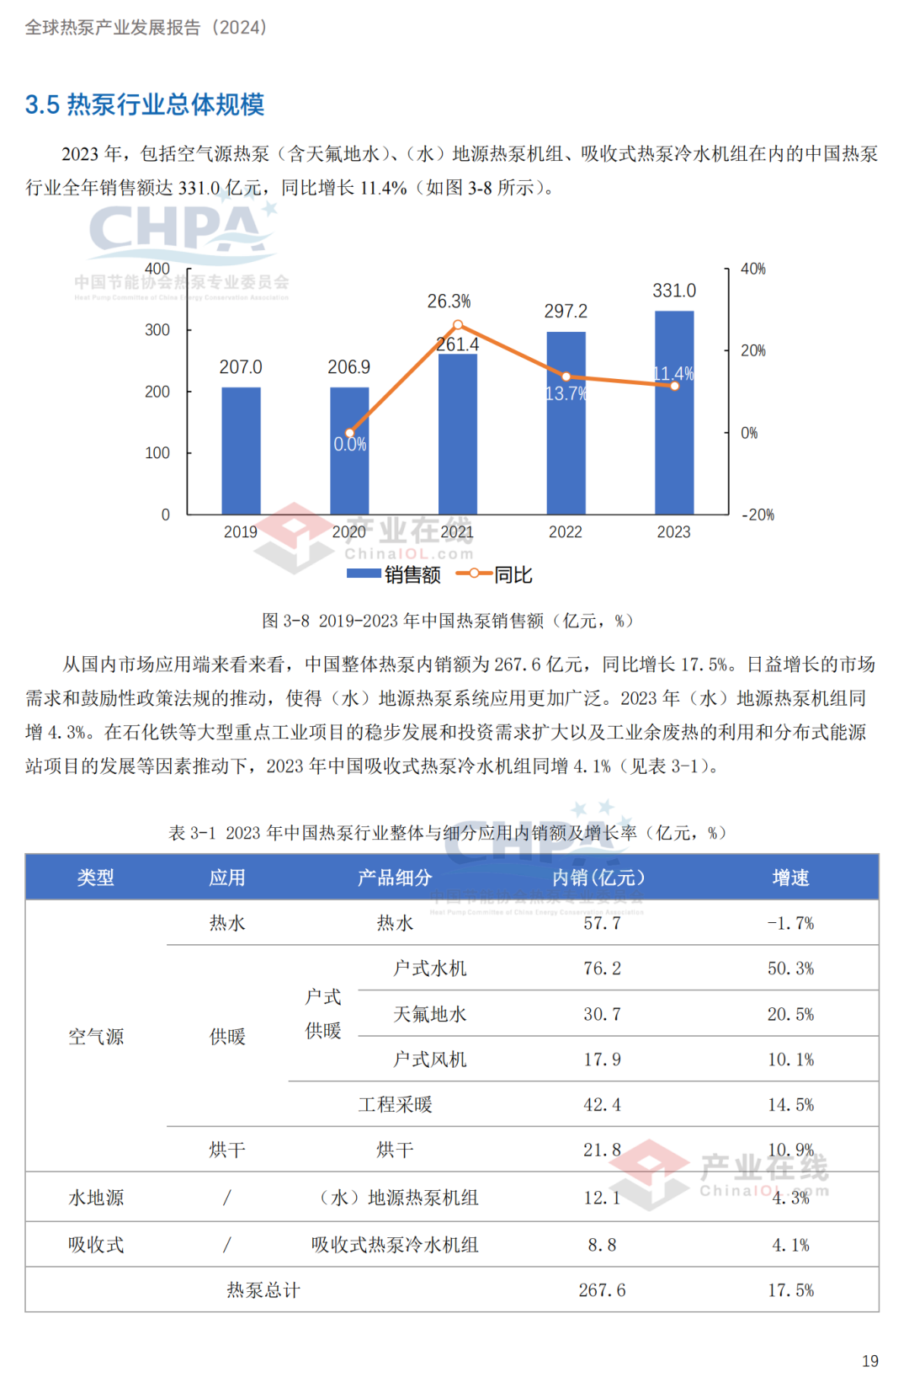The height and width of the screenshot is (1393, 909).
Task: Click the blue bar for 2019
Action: [241, 451]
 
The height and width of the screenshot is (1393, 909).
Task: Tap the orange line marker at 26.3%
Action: [458, 325]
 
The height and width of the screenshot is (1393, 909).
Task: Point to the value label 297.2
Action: [566, 312]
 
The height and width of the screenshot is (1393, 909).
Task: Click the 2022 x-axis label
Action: [566, 532]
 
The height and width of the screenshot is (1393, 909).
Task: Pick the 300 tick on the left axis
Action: [157, 330]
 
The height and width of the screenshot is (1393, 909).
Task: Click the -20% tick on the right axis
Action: [757, 515]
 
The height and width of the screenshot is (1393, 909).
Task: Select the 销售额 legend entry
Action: [394, 574]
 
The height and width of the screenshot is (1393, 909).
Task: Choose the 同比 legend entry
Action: [495, 574]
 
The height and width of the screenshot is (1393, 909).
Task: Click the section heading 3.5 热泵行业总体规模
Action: [145, 104]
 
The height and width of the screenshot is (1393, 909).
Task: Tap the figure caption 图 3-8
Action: [447, 621]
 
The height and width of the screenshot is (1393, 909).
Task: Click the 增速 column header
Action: [790, 878]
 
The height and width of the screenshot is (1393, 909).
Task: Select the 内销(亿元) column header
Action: [598, 878]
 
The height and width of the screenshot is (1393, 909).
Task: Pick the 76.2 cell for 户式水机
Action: [602, 969]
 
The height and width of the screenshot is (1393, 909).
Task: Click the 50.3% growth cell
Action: [790, 969]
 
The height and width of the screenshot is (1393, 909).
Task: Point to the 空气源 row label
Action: [96, 1037]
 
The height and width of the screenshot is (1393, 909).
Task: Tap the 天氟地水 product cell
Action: [429, 1014]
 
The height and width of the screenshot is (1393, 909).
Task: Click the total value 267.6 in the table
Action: [602, 1290]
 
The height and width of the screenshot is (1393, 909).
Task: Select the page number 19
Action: [870, 1361]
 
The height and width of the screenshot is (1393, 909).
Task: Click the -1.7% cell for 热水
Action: [790, 923]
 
